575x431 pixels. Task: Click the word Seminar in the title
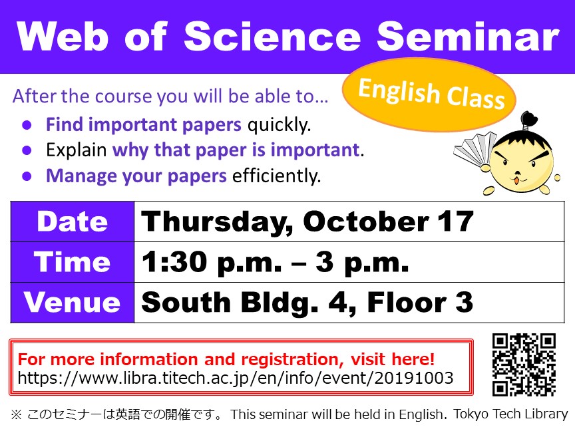468,36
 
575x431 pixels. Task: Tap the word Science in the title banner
272,36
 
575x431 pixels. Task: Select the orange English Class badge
429,94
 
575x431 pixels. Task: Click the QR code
524,364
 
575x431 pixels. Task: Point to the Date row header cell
73,221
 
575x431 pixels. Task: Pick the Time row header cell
73,262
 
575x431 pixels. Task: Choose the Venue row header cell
73,303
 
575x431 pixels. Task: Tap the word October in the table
366,221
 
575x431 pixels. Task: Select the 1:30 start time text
174,261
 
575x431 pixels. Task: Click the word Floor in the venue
407,303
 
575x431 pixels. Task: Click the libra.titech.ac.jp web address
236,378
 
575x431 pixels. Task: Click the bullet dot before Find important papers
27,125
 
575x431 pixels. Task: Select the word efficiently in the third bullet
276,176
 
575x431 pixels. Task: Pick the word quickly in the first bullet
279,125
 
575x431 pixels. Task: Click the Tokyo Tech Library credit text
510,414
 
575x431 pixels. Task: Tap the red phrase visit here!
393,359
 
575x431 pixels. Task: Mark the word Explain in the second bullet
77,150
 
